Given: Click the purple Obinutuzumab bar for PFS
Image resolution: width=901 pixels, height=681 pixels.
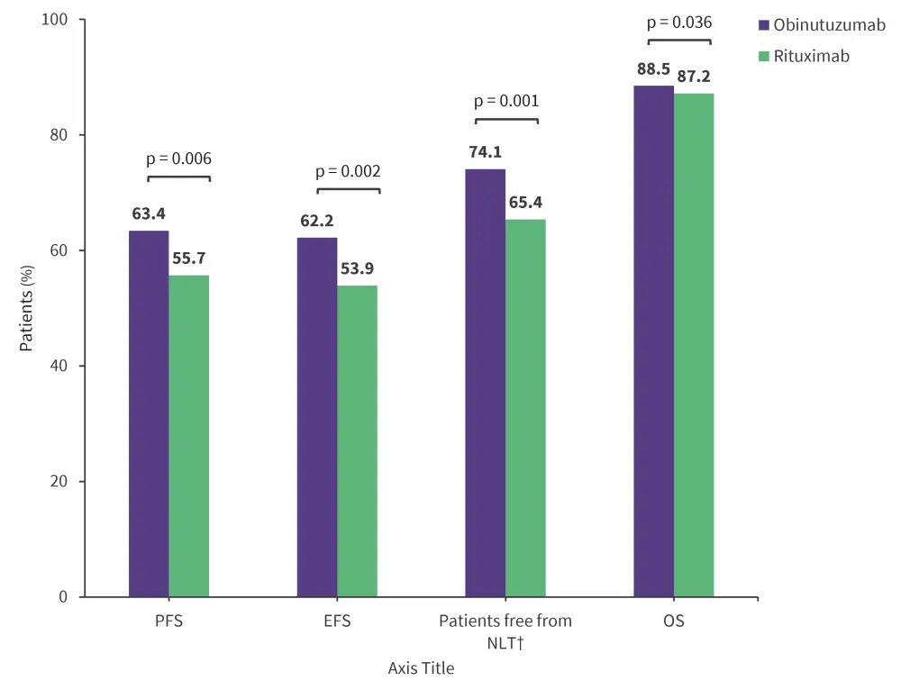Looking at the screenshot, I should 149,414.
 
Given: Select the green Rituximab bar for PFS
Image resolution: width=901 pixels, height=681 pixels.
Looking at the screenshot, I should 188,436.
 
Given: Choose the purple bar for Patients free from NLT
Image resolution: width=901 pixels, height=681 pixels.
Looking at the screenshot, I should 485,383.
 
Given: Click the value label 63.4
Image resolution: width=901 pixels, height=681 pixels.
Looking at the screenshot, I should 149,214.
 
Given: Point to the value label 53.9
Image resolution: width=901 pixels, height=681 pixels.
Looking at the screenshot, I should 358,268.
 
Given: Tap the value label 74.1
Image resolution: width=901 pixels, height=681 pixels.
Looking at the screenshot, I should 486,152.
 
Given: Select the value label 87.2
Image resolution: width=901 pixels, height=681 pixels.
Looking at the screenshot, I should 694,77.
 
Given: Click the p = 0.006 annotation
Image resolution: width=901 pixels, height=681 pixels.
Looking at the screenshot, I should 178,159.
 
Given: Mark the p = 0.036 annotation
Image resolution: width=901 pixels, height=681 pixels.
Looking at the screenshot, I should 679,23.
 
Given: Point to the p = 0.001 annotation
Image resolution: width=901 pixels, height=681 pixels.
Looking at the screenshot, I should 506,102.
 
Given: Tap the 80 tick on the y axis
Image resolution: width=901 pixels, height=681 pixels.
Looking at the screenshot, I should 66,135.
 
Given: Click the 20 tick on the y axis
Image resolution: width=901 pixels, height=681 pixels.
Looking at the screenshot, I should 66,481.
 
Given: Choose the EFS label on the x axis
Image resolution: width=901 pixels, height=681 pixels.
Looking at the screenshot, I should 337,622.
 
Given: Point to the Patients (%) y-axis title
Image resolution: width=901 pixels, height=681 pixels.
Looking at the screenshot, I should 27,309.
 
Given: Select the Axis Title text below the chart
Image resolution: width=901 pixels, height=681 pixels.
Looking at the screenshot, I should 421,667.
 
